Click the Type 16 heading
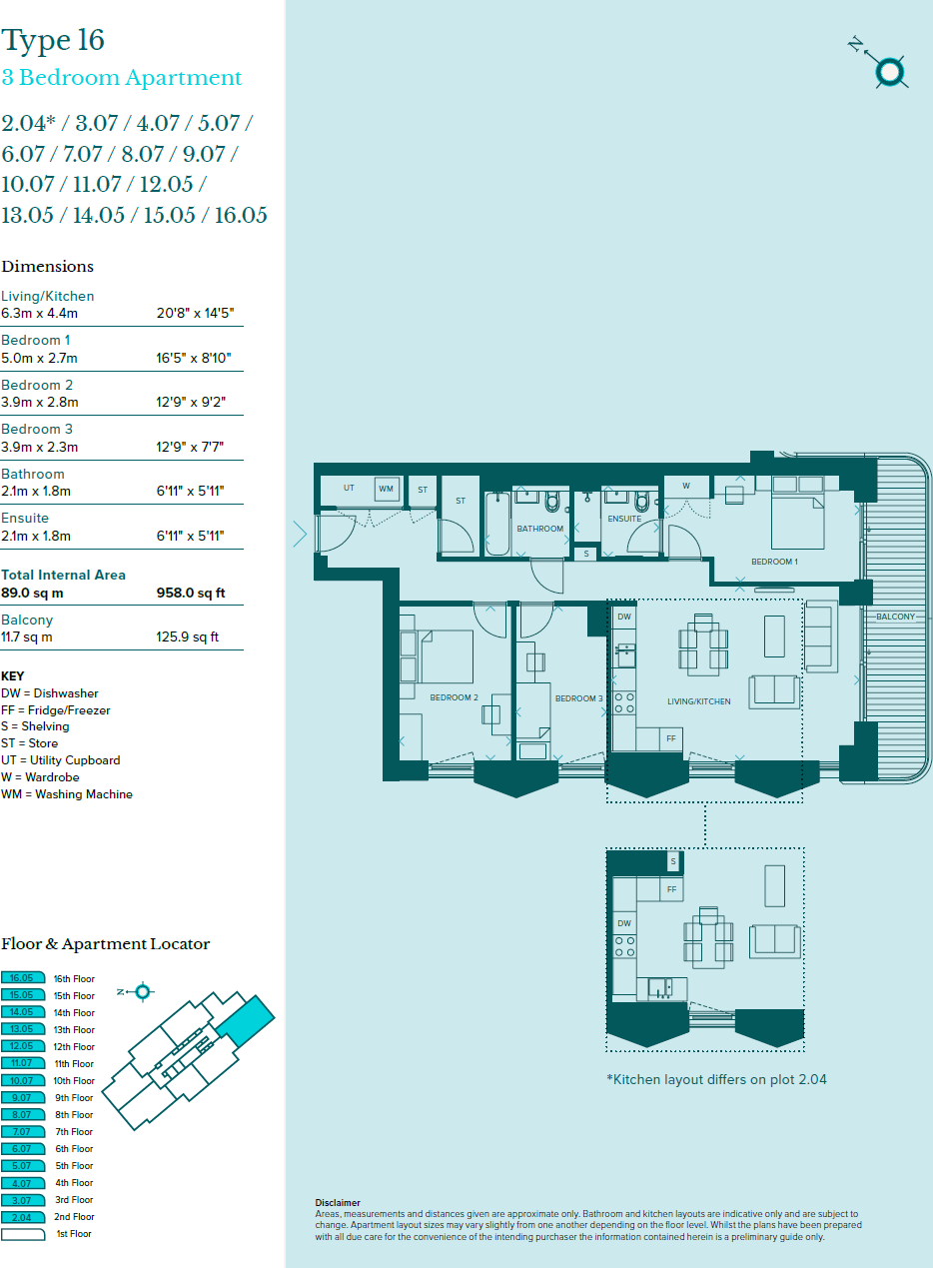[53, 41]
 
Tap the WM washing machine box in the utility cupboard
[386, 489]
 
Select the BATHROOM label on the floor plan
[539, 529]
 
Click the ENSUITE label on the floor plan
[624, 519]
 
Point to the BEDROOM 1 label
[774, 562]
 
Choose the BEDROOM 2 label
[454, 697]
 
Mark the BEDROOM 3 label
[578, 698]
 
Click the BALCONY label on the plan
[895, 617]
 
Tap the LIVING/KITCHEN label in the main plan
[698, 701]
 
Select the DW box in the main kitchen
[624, 618]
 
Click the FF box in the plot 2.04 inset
[672, 888]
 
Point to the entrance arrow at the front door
[300, 534]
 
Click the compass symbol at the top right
[888, 71]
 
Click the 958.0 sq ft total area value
[191, 593]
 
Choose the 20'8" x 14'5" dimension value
[195, 314]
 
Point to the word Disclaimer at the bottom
[337, 1203]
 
